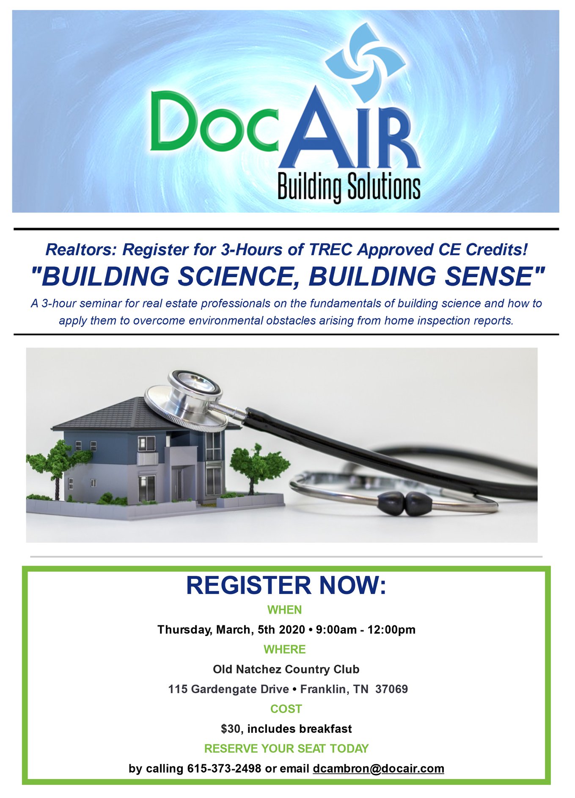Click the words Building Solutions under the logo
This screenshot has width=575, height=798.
click(x=349, y=187)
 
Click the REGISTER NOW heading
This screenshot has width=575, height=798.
click(x=286, y=585)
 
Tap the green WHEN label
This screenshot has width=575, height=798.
click(x=285, y=610)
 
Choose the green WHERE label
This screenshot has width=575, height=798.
click(x=285, y=649)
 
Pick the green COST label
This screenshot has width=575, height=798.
click(x=286, y=709)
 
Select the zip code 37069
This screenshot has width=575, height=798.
click(x=391, y=689)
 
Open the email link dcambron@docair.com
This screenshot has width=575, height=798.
click(x=378, y=769)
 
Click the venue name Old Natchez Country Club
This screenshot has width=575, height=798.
click(x=286, y=669)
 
